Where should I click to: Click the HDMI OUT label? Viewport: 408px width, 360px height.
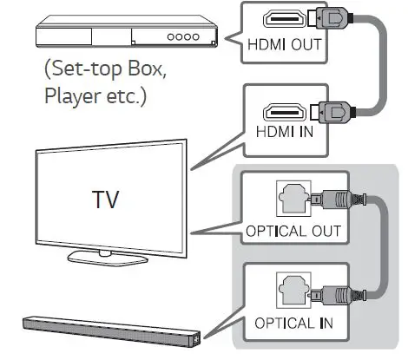(x=285, y=44)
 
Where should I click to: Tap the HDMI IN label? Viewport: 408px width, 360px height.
(x=285, y=132)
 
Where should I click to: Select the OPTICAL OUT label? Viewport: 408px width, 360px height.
(x=293, y=232)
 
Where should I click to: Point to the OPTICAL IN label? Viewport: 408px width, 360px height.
(x=293, y=323)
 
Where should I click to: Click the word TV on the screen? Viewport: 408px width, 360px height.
(x=106, y=200)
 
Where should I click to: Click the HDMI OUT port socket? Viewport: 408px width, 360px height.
(x=285, y=19)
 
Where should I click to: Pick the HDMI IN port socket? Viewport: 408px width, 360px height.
(x=285, y=112)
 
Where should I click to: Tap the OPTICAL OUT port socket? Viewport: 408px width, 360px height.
(x=293, y=199)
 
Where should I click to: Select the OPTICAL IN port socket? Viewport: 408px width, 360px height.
(x=293, y=291)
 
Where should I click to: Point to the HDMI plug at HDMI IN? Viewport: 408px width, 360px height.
(x=332, y=112)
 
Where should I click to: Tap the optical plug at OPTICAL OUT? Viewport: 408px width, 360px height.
(x=338, y=200)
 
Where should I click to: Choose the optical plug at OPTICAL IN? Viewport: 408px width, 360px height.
(x=338, y=296)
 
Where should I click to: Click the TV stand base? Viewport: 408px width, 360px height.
(x=108, y=258)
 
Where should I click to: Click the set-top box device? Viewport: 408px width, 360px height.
(x=127, y=31)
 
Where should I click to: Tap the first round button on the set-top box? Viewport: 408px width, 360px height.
(x=171, y=37)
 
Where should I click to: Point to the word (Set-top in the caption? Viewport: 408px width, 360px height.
(x=84, y=69)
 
